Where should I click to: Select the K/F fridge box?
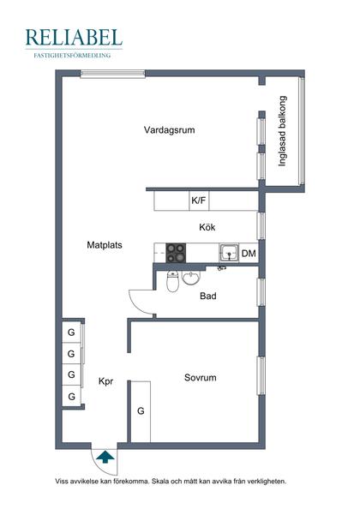pos(199,201)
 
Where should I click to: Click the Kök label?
pos(206,227)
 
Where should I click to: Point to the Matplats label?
pos(105,244)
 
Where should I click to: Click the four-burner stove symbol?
pos(176,253)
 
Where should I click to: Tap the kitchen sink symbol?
pos(228,253)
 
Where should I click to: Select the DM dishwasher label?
pos(249,254)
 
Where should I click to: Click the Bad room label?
pos(207,296)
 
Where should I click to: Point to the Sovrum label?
pos(200,377)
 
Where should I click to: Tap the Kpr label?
pos(106,382)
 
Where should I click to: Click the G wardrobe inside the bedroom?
pos(141,411)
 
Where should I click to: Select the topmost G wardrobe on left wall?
pos(71,332)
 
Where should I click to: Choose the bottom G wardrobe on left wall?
pos(71,396)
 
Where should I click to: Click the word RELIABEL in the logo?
pos(74,38)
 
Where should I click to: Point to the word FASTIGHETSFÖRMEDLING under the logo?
pos(74,55)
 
